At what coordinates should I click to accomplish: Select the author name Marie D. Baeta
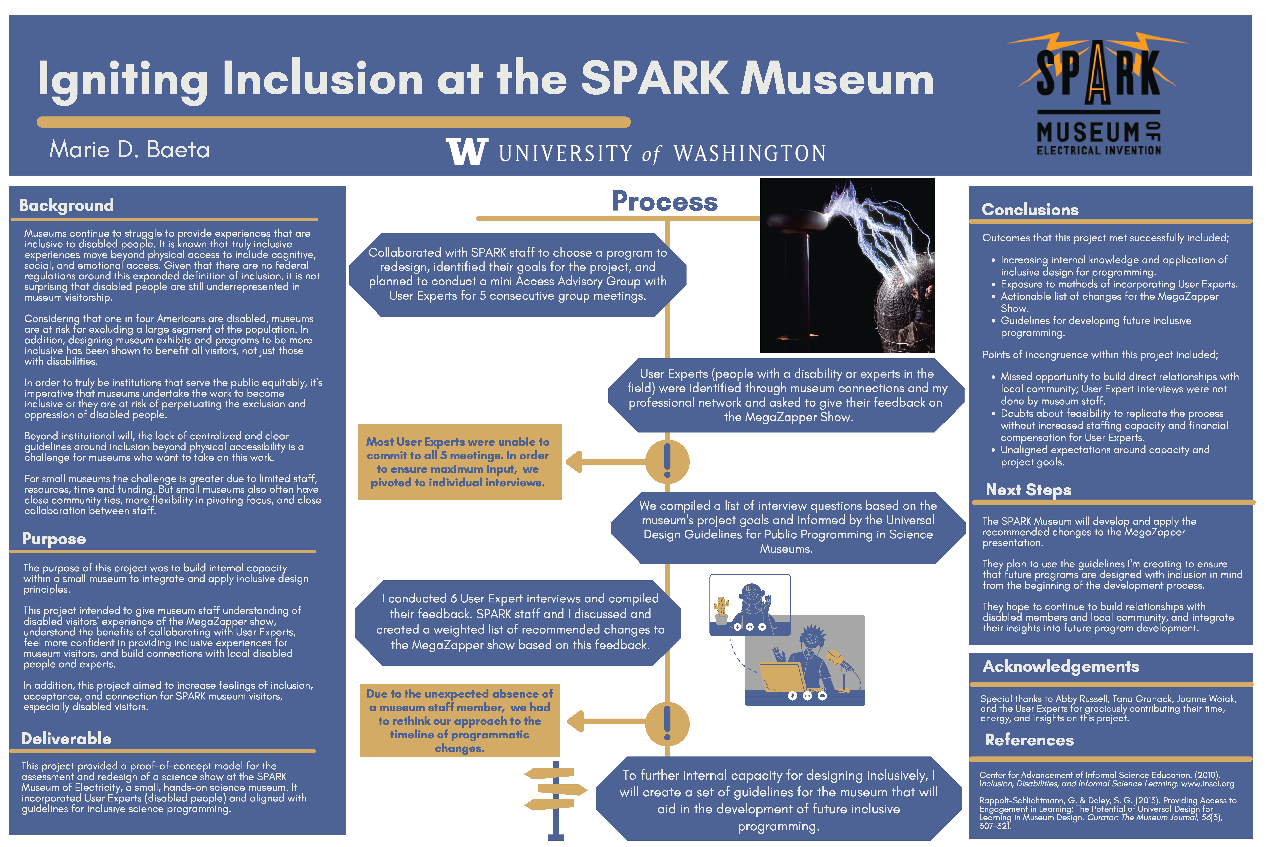[x=129, y=150]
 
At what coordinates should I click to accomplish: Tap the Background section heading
[x=67, y=205]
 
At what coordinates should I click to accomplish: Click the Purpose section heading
[x=54, y=539]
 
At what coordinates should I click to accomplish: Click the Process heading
[x=665, y=202]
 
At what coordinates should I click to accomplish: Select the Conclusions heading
[x=1030, y=210]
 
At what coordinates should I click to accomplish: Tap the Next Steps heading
[x=1028, y=490]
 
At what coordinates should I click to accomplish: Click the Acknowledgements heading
[x=1061, y=667]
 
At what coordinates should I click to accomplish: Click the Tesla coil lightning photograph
[x=847, y=266]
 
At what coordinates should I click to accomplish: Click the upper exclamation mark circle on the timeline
[x=667, y=462]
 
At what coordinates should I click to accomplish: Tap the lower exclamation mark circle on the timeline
[x=667, y=724]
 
